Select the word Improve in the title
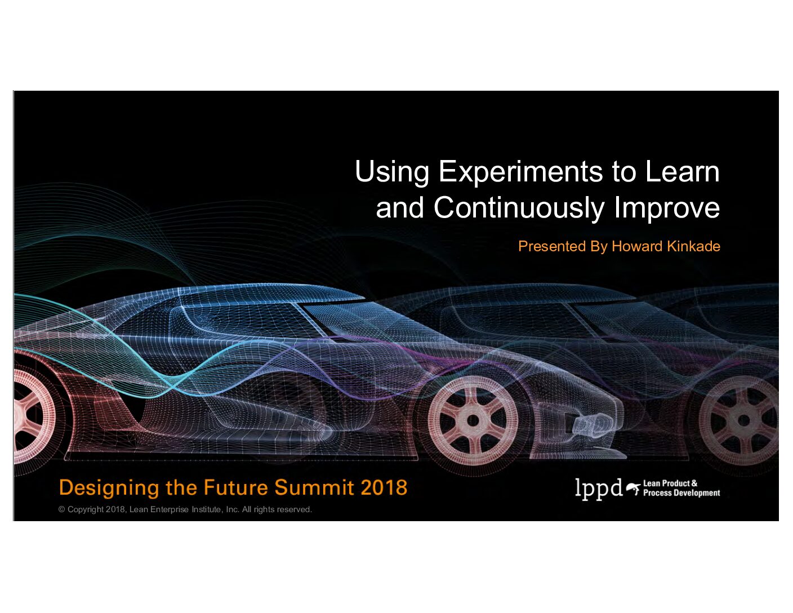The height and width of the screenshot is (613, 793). pos(667,208)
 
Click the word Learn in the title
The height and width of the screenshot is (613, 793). pos(683,171)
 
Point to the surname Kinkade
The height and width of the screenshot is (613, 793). pos(693,246)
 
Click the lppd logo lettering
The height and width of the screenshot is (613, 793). pos(599,489)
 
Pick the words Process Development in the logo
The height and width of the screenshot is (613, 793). pos(681,493)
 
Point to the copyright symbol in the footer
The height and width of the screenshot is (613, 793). pos(62,509)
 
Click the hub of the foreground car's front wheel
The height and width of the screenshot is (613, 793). pos(473,421)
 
